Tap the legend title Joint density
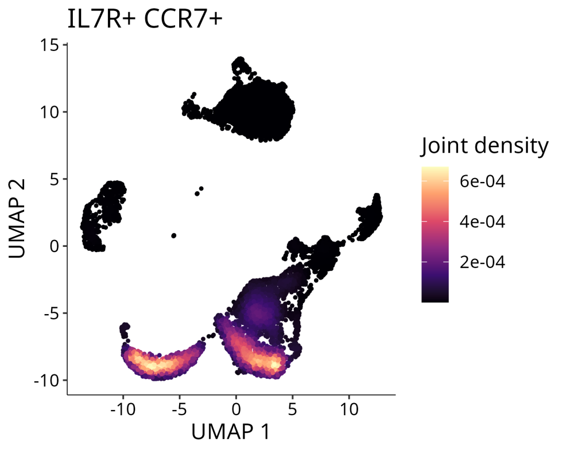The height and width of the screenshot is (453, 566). pyautogui.click(x=484, y=146)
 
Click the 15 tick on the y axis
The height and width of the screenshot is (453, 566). pyautogui.click(x=51, y=45)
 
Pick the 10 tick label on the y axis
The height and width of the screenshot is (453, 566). pyautogui.click(x=51, y=112)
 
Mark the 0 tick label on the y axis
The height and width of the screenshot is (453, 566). pyautogui.click(x=56, y=246)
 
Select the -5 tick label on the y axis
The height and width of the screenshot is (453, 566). pyautogui.click(x=52, y=313)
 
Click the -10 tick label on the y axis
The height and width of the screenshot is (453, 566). pyautogui.click(x=48, y=380)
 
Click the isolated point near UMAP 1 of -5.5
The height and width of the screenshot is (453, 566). pyautogui.click(x=173, y=236)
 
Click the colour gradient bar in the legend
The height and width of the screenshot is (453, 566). pyautogui.click(x=435, y=234)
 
